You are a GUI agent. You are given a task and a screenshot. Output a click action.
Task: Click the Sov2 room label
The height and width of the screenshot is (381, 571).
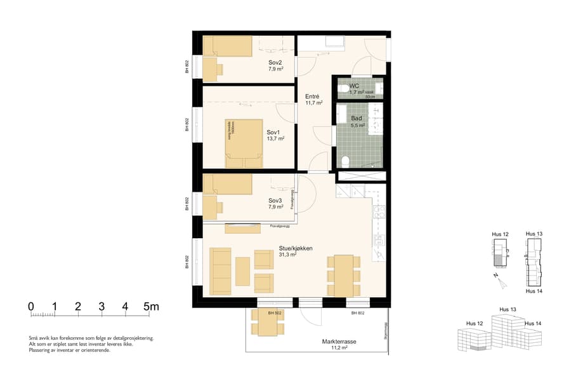pos(275,62)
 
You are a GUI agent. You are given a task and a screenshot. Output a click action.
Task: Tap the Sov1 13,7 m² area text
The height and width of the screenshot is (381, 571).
pos(275,138)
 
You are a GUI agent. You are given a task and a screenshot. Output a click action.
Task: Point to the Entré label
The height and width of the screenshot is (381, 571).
pos(312,96)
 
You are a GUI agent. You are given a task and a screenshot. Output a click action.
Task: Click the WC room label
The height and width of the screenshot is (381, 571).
pos(355,85)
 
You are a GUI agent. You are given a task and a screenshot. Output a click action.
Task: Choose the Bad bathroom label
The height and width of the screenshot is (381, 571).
pos(357,119)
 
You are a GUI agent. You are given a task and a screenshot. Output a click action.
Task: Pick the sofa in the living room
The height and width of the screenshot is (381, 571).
pos(221,271)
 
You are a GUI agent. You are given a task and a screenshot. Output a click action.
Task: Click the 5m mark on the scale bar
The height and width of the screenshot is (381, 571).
pos(151,307)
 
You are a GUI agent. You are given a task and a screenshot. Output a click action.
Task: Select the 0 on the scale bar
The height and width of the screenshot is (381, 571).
pos(30,307)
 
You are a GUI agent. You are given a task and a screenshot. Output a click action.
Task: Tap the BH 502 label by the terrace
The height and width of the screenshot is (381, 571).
pos(275,314)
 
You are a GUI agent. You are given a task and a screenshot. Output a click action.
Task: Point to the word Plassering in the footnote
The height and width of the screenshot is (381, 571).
pos(41,350)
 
